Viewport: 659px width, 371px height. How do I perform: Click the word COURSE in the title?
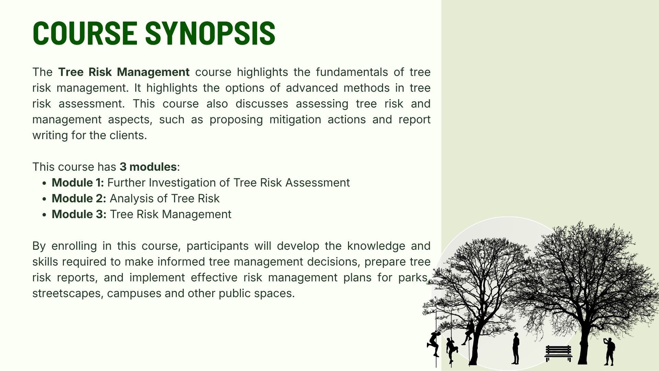85,33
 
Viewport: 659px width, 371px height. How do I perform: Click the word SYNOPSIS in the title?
210,33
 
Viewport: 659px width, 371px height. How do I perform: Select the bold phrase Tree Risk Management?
124,72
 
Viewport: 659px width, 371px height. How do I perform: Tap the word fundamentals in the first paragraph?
351,72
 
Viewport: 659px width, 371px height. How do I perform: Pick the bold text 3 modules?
148,167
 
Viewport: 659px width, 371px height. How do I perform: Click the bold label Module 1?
78,183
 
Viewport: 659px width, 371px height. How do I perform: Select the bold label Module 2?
79,199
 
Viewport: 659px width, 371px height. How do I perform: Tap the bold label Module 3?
79,214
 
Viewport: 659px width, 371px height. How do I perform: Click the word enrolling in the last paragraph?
73,246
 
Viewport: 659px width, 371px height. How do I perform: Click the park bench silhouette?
558,353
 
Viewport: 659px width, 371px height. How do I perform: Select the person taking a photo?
609,351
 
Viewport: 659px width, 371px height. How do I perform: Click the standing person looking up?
516,348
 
